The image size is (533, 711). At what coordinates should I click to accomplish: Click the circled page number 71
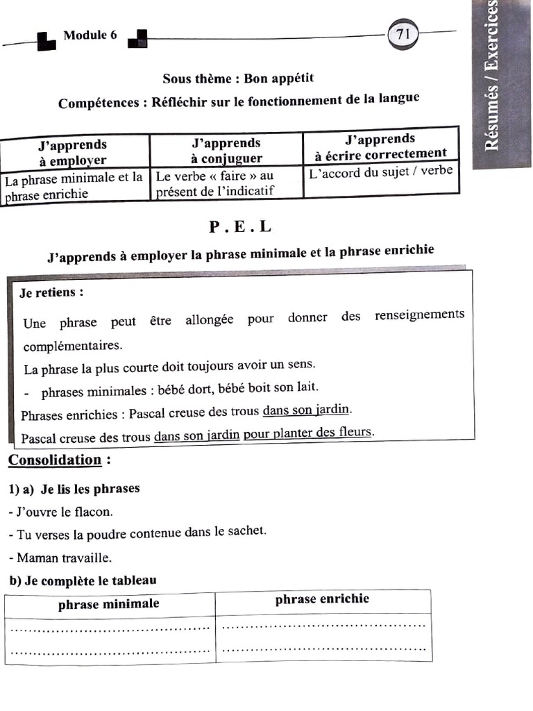403,33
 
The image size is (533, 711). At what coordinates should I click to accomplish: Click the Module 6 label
90,35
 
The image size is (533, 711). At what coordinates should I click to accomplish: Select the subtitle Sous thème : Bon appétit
232,78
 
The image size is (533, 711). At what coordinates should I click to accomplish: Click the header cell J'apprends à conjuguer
226,151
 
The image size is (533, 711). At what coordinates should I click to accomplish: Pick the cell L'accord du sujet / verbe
380,171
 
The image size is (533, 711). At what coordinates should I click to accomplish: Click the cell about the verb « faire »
215,184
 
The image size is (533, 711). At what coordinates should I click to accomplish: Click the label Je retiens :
51,292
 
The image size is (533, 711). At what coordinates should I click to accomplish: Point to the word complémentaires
72,345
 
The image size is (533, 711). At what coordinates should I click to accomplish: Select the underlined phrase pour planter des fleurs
308,433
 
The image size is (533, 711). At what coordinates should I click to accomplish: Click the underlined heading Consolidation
55,460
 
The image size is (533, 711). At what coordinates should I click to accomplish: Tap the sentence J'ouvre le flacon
60,512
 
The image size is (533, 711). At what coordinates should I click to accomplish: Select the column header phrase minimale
109,604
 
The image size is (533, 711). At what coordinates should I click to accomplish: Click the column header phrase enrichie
322,599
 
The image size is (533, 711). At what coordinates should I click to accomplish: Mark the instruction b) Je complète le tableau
83,580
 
